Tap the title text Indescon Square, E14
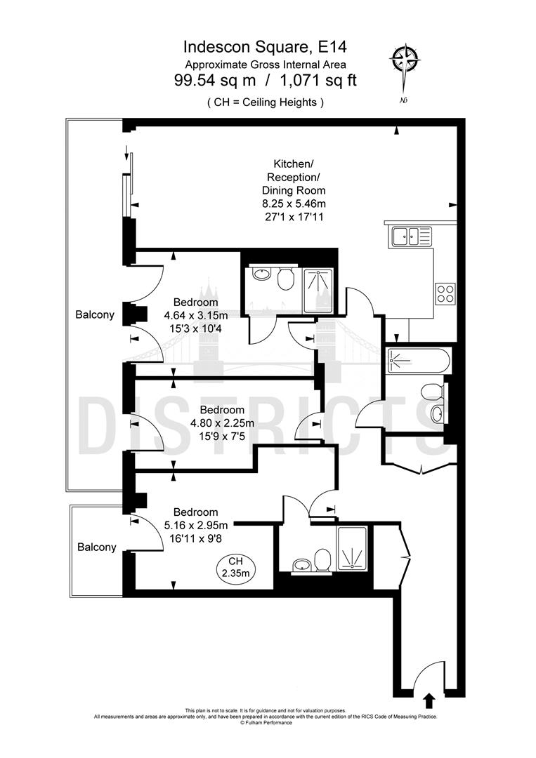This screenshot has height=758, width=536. tap(265, 48)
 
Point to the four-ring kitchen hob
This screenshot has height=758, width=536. tap(445, 292)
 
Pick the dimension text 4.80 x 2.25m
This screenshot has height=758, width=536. tap(221, 423)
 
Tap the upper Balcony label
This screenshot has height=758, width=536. tap(94, 315)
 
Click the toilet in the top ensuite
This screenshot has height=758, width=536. tap(285, 281)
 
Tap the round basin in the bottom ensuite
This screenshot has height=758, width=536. tap(302, 564)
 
